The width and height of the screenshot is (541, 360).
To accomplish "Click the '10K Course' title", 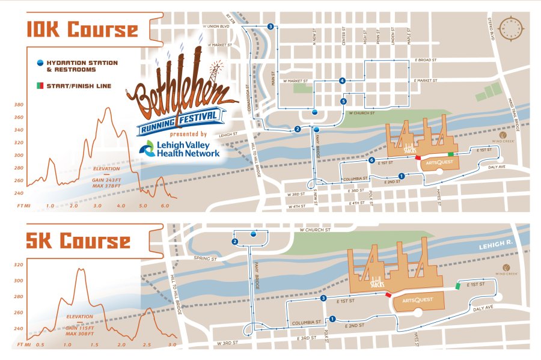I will tap(81, 29).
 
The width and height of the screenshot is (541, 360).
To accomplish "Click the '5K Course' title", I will tap(78, 241).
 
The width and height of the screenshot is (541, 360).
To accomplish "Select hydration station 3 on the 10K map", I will tap(271, 26).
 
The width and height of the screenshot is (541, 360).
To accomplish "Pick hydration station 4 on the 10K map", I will tap(342, 81).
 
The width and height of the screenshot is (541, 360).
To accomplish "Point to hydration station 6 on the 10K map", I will tap(372, 160).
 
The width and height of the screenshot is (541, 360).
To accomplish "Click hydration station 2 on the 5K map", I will tap(235, 242).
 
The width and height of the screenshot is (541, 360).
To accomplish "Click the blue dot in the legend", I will tap(40, 63).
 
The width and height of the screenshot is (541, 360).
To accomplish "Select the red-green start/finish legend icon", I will tap(40, 86).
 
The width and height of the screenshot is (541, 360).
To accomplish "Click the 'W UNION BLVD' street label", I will tap(216, 26).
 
